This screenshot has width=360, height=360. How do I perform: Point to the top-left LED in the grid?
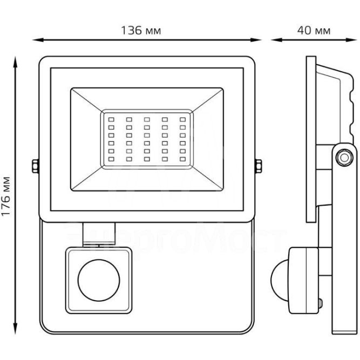point(111,119)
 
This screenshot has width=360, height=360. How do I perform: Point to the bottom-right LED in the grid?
point(183,159)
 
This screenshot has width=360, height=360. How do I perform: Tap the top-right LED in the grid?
point(183,119)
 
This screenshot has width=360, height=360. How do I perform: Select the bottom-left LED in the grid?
point(111,159)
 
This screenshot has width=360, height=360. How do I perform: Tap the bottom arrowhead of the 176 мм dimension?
point(16,332)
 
